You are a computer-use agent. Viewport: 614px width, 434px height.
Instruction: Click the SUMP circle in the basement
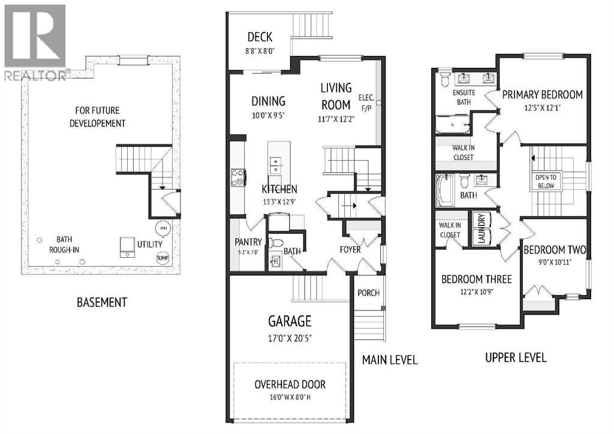162,258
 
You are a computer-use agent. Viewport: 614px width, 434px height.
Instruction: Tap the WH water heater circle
163,228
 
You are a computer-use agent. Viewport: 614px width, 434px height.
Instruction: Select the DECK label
260,37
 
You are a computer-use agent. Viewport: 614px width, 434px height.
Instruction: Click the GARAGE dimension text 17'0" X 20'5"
290,338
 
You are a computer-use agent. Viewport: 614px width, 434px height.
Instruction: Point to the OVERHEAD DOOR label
290,384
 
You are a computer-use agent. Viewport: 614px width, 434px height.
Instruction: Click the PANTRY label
248,242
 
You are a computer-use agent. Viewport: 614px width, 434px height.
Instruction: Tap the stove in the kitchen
238,177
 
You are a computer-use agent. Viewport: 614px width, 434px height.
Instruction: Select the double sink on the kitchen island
275,165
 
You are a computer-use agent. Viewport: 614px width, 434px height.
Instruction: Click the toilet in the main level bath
276,243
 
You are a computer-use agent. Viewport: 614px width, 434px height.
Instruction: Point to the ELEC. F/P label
366,103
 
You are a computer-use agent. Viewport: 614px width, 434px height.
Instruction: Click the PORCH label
369,293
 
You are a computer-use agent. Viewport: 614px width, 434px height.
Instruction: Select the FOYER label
350,249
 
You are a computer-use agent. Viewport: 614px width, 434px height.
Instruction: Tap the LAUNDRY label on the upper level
481,229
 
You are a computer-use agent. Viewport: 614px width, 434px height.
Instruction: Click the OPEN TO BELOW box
546,182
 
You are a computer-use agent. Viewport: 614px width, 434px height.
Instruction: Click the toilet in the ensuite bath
446,79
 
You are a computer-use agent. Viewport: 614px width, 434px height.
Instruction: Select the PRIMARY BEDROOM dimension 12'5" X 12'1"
542,107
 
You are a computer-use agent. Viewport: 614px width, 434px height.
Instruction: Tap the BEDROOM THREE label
477,279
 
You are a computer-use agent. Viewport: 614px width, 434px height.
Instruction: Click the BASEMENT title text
102,302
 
